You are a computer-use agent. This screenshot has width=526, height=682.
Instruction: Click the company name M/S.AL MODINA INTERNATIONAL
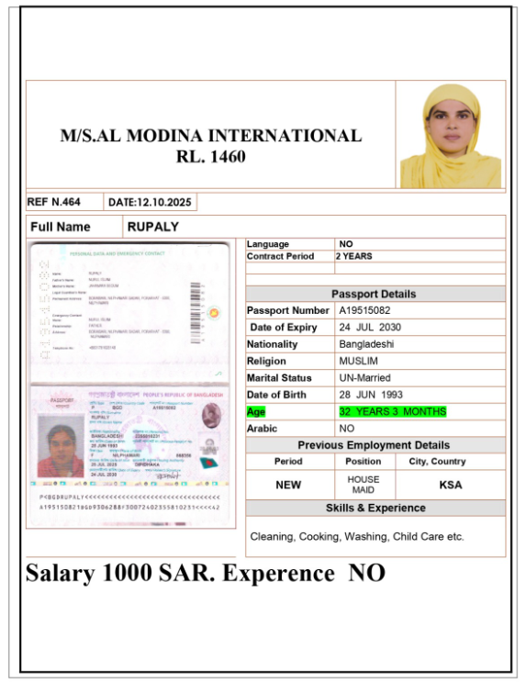click(210, 136)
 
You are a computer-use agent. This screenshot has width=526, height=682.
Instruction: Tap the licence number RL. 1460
click(210, 157)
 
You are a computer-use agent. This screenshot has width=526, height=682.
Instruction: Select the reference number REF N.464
click(54, 202)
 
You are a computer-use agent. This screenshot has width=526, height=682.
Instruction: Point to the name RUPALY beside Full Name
click(153, 227)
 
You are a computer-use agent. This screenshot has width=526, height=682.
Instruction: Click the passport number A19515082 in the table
click(371, 311)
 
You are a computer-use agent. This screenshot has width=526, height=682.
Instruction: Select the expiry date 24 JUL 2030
click(371, 328)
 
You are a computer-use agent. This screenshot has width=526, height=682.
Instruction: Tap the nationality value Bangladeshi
click(366, 344)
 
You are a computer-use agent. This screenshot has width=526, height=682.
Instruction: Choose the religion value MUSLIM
click(358, 361)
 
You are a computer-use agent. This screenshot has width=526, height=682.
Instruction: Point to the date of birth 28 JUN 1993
click(372, 395)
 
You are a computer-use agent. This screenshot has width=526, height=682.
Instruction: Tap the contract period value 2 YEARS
click(354, 256)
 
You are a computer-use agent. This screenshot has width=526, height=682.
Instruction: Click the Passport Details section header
click(374, 294)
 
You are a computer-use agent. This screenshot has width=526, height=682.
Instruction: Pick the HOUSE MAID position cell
click(363, 485)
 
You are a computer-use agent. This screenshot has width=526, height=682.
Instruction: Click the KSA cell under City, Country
click(451, 485)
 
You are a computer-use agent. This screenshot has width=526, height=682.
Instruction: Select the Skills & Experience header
click(375, 508)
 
